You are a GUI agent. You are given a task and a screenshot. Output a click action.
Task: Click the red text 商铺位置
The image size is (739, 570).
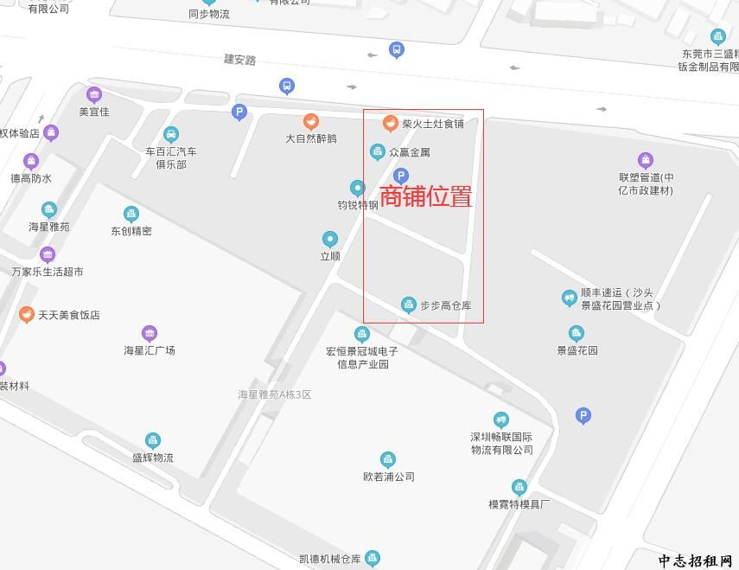coord(426,196)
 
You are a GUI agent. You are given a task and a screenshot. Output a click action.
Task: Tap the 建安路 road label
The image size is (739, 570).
coord(240,60)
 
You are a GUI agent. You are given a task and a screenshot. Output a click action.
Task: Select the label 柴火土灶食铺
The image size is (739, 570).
coord(432,124)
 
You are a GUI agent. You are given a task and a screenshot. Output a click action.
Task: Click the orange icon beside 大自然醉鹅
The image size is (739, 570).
coord(311,122)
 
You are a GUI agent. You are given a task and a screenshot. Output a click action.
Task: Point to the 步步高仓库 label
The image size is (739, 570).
coord(445,305)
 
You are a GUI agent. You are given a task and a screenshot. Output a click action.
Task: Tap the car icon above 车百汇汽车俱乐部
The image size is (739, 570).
coord(171,134)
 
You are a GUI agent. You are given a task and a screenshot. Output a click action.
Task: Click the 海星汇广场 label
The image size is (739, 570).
coord(150,350)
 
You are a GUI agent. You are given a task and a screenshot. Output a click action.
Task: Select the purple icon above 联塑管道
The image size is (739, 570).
coord(646,160)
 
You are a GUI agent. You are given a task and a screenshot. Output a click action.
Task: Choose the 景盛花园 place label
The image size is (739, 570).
coord(577,350)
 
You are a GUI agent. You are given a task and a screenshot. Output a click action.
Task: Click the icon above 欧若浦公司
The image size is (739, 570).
coord(388,459)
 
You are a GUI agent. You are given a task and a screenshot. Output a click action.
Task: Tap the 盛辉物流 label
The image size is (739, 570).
coord(153,458)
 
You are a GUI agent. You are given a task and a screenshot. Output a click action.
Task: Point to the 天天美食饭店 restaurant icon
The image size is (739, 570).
coord(26,315)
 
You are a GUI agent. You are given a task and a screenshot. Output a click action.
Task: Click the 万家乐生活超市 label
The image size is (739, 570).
coord(48,272)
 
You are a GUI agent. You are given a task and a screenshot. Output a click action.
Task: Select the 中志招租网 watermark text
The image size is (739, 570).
coord(695,560)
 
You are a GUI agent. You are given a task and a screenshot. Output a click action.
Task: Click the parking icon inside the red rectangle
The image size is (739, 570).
coord(400,176)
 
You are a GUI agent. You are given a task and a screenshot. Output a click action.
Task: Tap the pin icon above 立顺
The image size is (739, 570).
coord(329,239)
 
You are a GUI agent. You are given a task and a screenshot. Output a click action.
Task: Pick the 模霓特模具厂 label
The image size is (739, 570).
coord(519,503)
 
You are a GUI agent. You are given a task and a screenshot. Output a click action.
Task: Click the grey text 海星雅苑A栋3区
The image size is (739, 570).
coord(274,394)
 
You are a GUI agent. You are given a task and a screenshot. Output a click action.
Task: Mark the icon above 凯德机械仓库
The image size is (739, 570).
coord(373,558)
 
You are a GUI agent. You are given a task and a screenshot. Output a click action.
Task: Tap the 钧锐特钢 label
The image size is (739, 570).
coord(358,205)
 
